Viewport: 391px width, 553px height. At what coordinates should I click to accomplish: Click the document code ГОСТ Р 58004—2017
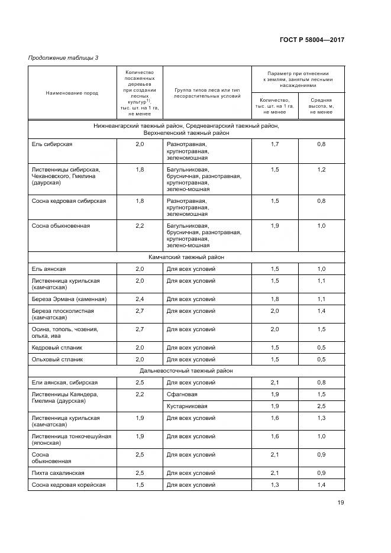[312, 40]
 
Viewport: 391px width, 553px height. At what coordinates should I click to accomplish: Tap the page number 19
[341, 503]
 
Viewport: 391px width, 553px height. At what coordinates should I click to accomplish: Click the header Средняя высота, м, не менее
[321, 106]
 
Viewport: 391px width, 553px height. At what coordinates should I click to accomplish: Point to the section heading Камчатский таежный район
[186, 257]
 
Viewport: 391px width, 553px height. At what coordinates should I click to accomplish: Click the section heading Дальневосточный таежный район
[186, 371]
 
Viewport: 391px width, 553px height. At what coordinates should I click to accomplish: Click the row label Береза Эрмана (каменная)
[69, 299]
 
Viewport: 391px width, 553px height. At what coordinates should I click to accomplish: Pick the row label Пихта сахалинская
[58, 473]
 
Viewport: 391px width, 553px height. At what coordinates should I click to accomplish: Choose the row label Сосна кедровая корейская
[69, 485]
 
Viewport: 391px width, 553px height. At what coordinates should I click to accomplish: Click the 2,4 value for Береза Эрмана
[140, 299]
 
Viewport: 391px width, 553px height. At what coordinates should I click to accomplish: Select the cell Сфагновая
[182, 394]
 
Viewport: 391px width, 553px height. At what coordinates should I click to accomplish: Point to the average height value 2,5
[321, 406]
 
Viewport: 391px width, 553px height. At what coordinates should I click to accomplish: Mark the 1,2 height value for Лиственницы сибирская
[321, 170]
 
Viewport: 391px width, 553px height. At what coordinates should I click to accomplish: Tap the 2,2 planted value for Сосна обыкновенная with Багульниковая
[140, 226]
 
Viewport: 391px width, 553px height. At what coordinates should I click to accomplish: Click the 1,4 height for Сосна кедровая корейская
[321, 485]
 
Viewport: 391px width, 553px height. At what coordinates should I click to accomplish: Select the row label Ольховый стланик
[57, 359]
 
